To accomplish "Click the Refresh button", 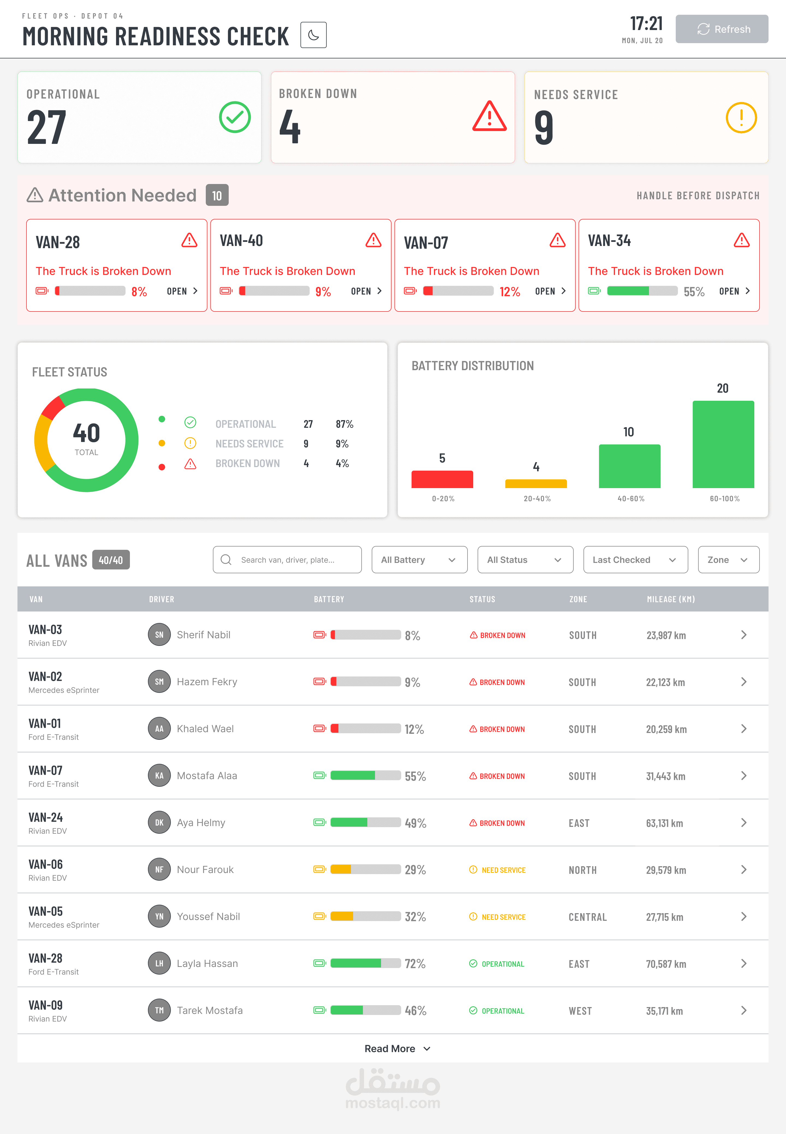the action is pyautogui.click(x=722, y=29).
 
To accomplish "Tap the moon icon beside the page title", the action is pyautogui.click(x=313, y=35).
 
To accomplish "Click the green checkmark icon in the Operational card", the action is pyautogui.click(x=235, y=117).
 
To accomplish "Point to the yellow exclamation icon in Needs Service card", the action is pyautogui.click(x=741, y=118).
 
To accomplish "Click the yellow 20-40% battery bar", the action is pyautogui.click(x=536, y=484).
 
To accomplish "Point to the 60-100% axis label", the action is pyautogui.click(x=724, y=498).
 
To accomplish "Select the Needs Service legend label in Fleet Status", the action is pyautogui.click(x=249, y=444).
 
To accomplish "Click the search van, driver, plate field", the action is pyautogui.click(x=287, y=560).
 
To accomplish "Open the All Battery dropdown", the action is pyautogui.click(x=419, y=560).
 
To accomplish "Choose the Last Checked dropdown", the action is pyautogui.click(x=635, y=560).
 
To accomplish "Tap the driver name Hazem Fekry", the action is pyautogui.click(x=207, y=682).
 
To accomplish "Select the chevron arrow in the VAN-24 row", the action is pyautogui.click(x=744, y=823).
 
